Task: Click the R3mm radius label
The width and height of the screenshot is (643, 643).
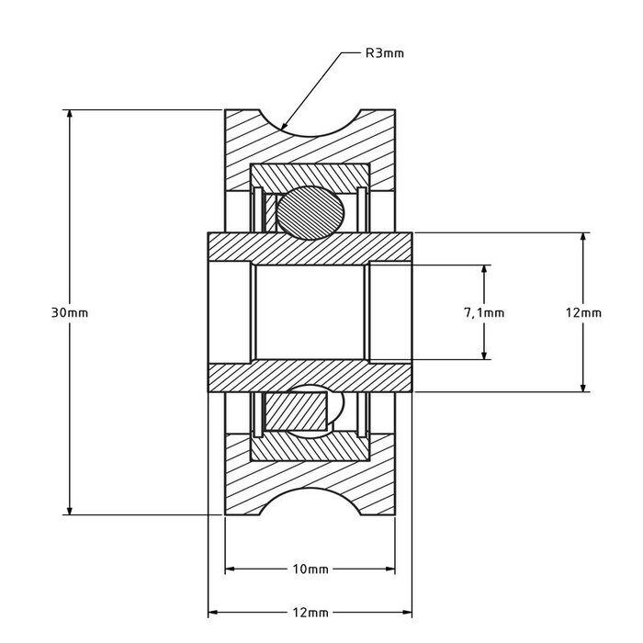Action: point(384,53)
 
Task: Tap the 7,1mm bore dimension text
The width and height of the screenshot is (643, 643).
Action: point(484,312)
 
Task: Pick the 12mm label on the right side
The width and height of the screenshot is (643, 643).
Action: point(582,312)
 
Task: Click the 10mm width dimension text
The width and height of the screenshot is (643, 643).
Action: point(310,570)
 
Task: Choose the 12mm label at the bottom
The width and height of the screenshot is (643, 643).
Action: point(310,612)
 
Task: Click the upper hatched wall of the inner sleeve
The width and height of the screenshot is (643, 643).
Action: point(310,247)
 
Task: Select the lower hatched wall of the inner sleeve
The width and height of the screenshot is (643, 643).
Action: point(310,378)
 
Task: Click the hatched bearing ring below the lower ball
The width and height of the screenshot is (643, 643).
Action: point(310,446)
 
